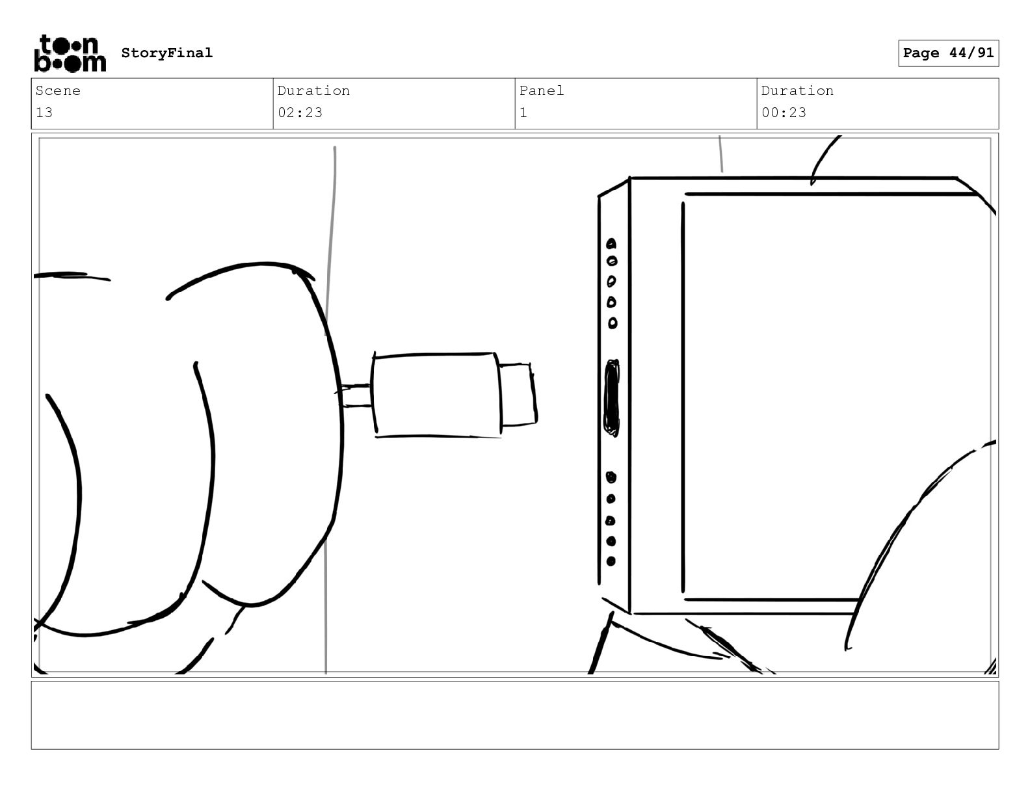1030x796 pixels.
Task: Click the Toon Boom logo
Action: coord(70,53)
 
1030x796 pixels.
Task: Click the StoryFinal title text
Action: coord(167,53)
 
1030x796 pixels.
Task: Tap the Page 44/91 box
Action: coord(949,53)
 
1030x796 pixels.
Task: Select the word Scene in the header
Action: coord(58,90)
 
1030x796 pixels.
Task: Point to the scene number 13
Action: coord(44,113)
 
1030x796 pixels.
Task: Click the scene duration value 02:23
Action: coord(300,113)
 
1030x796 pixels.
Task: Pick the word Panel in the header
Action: coord(542,90)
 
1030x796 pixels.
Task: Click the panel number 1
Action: coord(523,113)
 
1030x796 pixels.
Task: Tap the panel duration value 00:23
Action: coord(784,113)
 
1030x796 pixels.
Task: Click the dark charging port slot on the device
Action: coord(612,398)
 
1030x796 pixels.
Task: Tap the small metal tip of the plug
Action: coord(518,395)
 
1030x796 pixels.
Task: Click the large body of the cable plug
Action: coord(436,395)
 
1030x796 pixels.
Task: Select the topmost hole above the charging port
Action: coord(611,244)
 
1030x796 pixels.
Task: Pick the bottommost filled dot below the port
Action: coord(611,561)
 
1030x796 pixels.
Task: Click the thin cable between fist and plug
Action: coord(356,395)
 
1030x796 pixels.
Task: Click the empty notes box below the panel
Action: coord(515,715)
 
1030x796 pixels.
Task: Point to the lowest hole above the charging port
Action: coord(613,323)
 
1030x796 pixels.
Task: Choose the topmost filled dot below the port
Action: coord(611,477)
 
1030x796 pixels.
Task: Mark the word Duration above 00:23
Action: coord(797,90)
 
